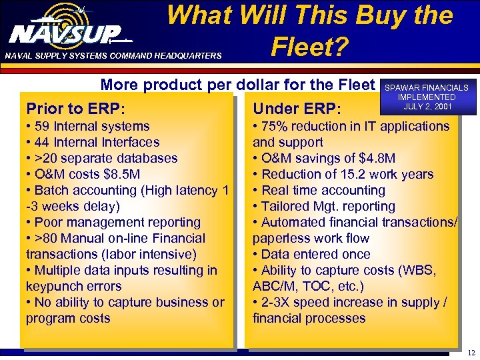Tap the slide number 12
(471, 352)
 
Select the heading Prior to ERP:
(76, 108)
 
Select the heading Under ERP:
(297, 108)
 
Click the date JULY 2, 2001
(427, 107)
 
